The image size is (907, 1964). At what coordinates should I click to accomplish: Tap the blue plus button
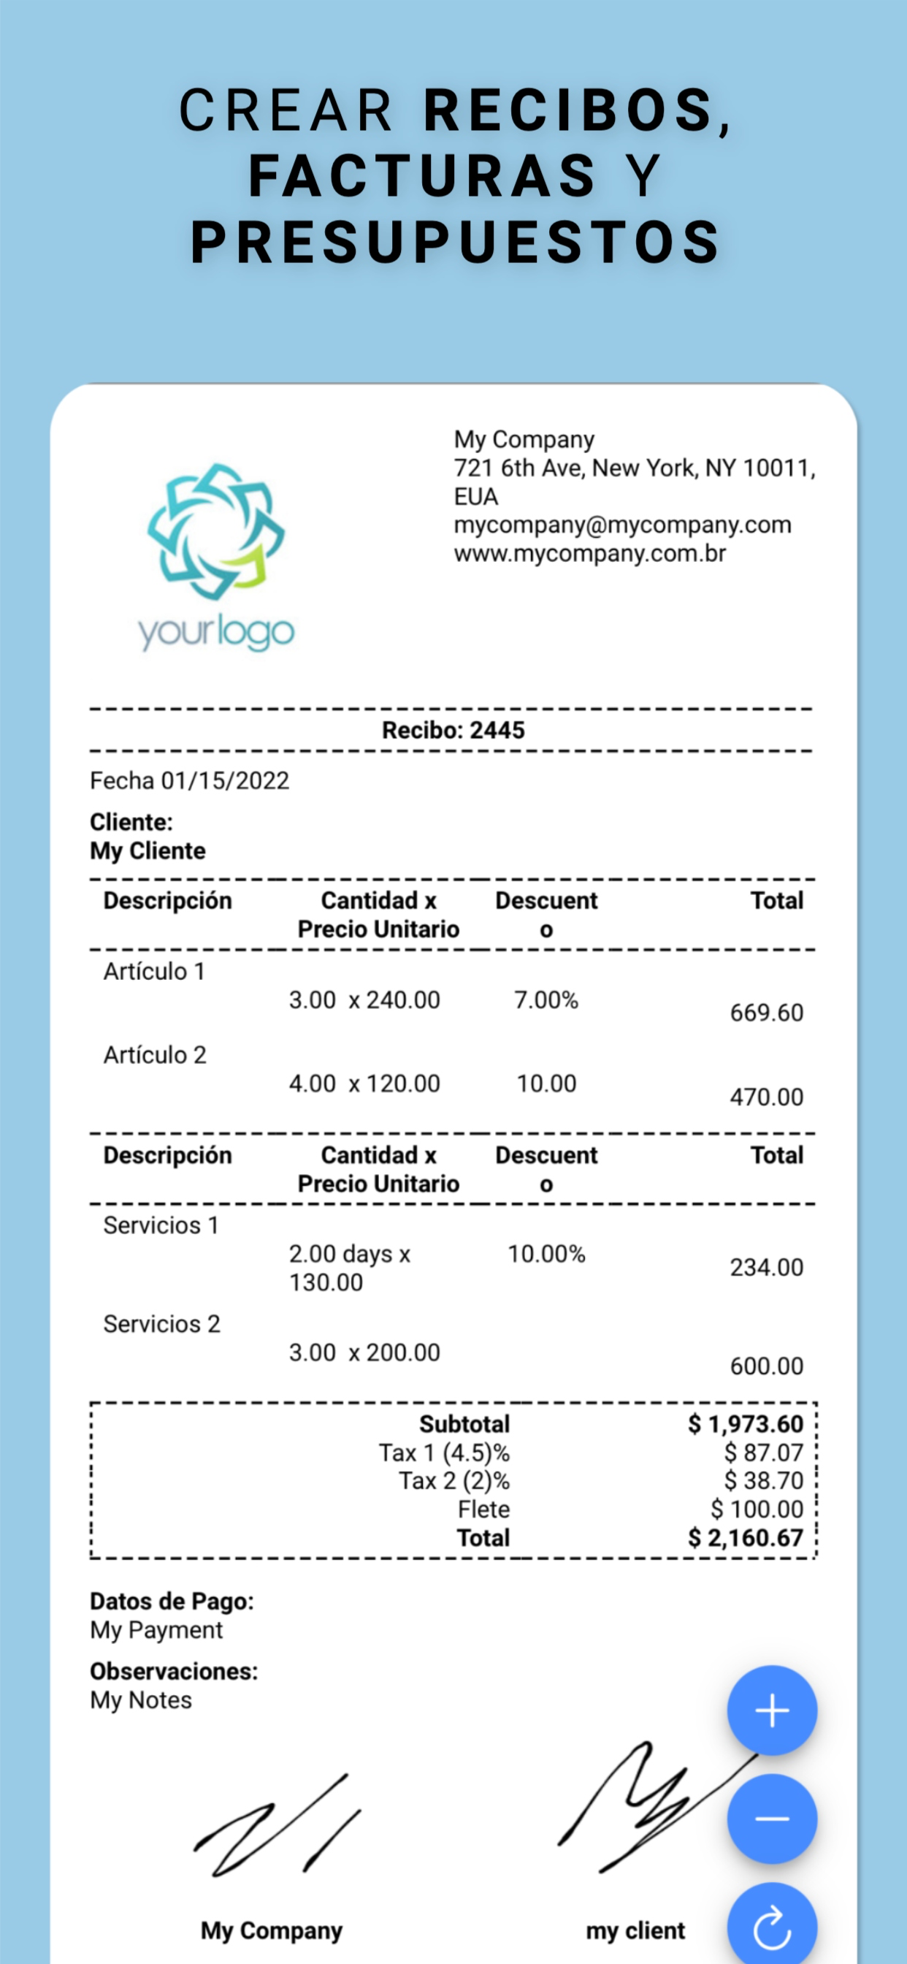771,1710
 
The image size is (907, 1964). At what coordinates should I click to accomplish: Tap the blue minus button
771,1819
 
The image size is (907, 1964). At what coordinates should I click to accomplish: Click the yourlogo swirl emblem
216,530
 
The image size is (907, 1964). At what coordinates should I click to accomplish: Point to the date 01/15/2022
225,781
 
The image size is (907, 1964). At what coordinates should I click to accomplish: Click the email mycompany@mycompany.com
622,525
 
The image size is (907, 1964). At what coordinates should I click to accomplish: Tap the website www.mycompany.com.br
589,554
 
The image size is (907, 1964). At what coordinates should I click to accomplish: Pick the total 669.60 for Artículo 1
766,1013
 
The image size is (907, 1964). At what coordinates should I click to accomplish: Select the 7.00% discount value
546,1000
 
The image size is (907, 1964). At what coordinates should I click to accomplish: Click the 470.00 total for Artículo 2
766,1097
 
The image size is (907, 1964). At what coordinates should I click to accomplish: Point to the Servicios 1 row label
161,1225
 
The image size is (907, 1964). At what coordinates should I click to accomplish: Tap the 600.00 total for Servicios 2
766,1366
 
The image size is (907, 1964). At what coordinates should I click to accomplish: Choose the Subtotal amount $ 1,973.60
745,1423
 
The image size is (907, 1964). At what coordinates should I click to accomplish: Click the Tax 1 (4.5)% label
444,1453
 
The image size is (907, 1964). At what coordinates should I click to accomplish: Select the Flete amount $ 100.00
756,1509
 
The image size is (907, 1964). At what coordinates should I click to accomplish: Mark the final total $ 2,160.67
745,1538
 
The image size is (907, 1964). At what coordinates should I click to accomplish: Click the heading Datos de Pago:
172,1601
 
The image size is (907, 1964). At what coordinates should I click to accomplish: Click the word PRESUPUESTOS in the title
455,243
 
